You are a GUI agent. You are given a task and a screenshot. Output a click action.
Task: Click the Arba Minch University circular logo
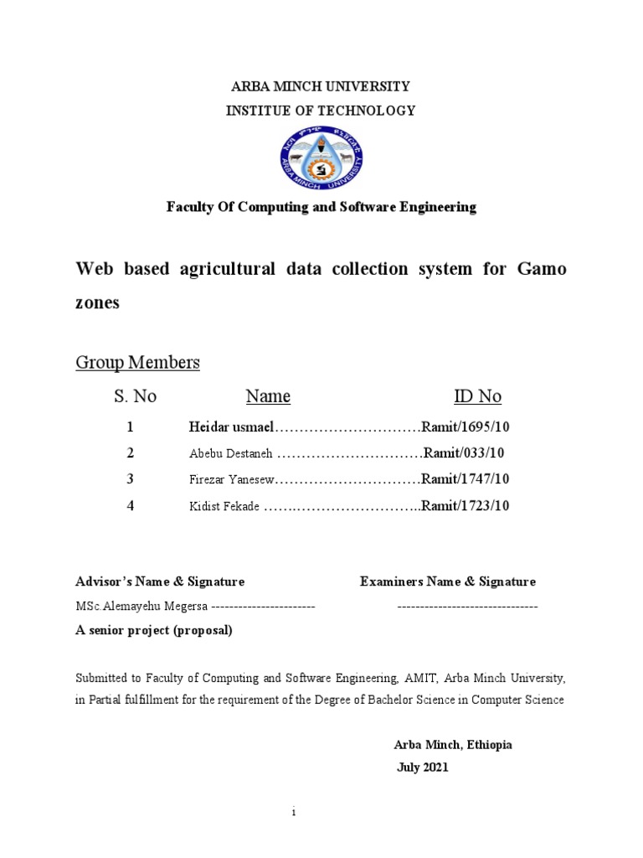tap(321, 159)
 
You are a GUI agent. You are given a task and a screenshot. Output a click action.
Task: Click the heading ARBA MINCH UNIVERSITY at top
tap(321, 86)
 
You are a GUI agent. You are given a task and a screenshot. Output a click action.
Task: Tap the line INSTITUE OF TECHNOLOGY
tap(321, 111)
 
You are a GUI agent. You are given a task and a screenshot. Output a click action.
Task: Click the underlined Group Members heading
tap(138, 363)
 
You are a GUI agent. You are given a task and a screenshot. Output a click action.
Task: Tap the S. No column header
tap(136, 396)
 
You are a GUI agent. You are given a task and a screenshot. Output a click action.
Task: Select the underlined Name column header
tap(268, 396)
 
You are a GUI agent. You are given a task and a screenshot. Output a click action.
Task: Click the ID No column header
tap(478, 396)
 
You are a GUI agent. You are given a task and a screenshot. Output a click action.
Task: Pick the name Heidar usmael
tap(231, 427)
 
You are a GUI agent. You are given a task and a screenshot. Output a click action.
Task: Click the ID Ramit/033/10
tap(464, 453)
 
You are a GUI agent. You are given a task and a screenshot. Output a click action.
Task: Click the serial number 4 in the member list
tap(130, 505)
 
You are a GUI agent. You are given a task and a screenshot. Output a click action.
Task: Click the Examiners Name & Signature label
tap(448, 581)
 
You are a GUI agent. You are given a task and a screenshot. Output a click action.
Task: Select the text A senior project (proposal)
tap(154, 631)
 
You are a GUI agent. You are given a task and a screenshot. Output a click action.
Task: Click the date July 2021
tap(422, 768)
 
